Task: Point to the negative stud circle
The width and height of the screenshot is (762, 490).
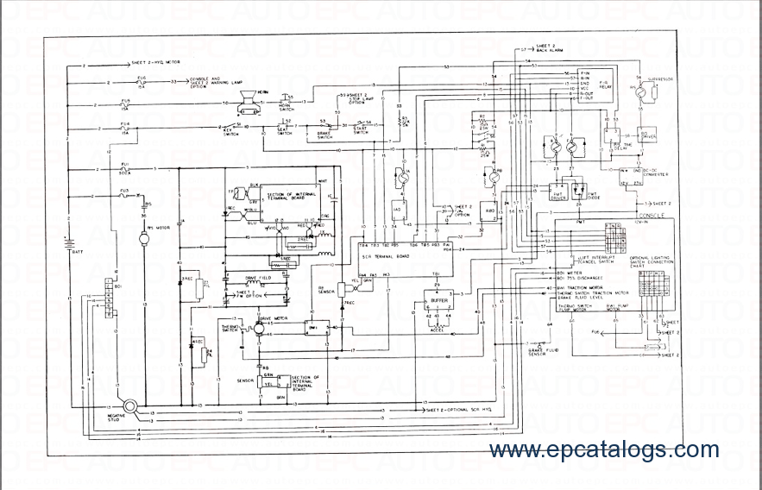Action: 131,405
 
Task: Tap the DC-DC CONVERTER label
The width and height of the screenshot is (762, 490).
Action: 652,173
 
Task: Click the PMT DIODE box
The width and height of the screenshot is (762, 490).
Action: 592,190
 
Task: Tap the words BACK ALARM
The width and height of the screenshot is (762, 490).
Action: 549,52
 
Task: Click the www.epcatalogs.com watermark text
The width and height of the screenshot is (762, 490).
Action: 603,449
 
